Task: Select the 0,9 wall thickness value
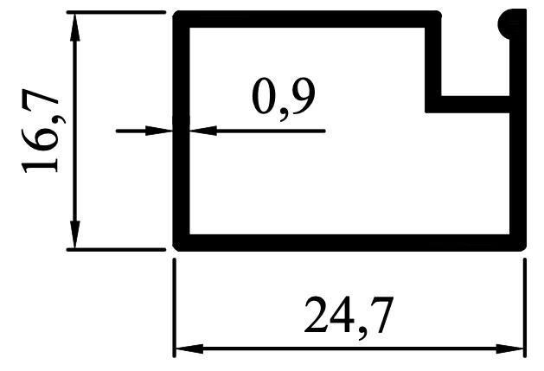[283, 97]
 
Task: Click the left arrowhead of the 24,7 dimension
[187, 349]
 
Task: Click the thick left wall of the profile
[182, 173]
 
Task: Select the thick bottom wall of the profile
[346, 241]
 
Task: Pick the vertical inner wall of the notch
[434, 61]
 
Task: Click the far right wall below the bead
[518, 173]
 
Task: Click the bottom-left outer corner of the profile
[176, 247]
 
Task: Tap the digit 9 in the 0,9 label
[302, 97]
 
